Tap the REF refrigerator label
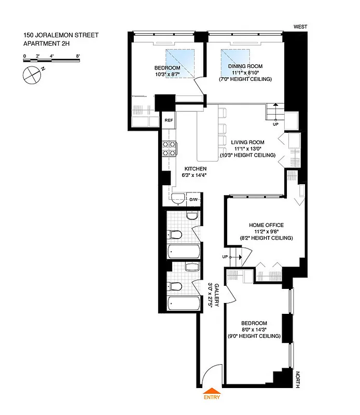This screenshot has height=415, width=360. tap(168, 120)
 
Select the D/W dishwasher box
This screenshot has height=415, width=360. tap(193, 199)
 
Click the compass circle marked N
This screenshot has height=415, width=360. tap(32, 75)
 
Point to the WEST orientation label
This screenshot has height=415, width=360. tap(300, 26)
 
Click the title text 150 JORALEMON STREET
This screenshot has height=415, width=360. tap(61, 36)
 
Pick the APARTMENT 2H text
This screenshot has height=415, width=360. tap(46, 44)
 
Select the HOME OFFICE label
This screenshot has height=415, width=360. tap(267, 225)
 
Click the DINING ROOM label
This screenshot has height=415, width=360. tap(245, 66)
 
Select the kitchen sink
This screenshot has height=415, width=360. tap(178, 198)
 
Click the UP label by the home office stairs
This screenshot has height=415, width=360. tap(225, 257)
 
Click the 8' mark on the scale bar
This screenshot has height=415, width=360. tap(77, 54)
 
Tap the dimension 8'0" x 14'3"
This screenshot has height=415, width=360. tap(254, 329)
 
